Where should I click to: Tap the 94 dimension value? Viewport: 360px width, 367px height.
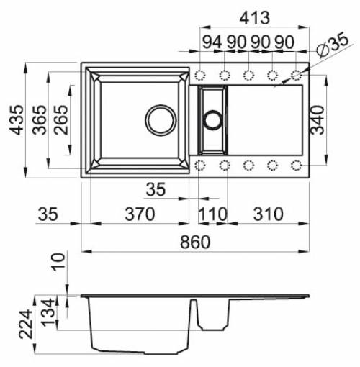[212, 42]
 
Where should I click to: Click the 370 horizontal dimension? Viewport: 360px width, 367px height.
[140, 214]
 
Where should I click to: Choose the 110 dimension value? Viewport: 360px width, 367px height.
[213, 214]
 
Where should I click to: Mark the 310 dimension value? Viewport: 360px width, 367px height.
[267, 214]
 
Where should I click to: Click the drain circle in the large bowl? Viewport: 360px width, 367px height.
[160, 120]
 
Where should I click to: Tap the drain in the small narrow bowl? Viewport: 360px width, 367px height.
[213, 120]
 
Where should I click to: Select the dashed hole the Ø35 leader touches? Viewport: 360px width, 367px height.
[296, 76]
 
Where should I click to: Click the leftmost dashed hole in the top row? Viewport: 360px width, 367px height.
[201, 76]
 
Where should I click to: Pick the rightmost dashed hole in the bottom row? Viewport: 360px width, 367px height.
[296, 166]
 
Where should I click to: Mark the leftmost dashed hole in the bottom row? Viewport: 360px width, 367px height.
[201, 166]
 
